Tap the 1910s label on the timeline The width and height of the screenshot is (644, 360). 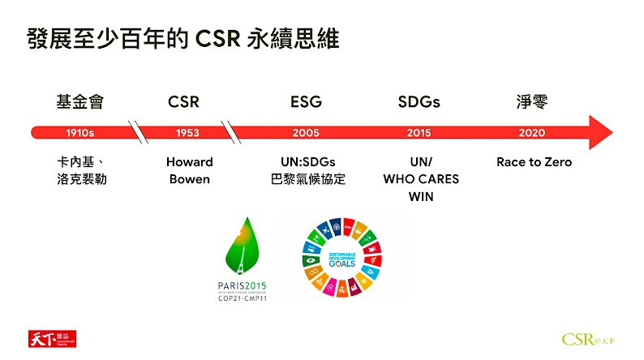coord(79,133)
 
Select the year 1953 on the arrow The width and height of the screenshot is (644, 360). coord(187,133)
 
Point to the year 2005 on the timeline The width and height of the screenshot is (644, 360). coord(306,133)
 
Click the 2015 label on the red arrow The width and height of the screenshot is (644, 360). coord(419,133)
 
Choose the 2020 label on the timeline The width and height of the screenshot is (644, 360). coord(532,133)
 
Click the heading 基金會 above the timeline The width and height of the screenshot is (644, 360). coord(79,102)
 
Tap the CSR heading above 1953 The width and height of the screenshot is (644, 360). coord(183,102)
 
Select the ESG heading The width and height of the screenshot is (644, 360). coord(306,102)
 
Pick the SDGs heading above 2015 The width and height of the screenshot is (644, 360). coord(419,102)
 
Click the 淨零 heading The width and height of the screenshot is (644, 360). coord(532,102)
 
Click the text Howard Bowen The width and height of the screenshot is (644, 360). coord(189,170)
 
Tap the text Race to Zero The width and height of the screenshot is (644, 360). coord(534,162)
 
